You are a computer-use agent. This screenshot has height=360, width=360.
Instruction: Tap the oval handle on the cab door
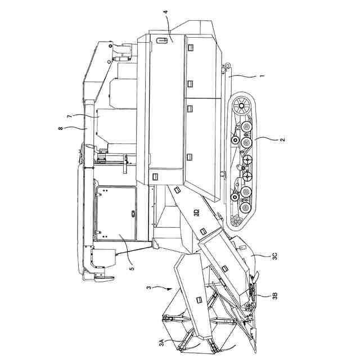[x=133, y=213]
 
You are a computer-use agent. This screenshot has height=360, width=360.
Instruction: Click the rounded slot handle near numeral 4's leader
[x=159, y=41]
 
